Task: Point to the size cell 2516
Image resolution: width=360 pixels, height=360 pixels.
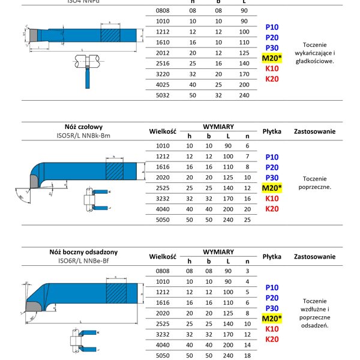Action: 163,62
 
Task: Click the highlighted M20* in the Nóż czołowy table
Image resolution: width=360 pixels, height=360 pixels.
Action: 272,188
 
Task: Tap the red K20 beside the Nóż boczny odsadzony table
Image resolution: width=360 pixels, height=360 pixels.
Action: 272,339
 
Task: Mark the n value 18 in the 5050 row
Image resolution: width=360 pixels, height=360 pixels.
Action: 247,355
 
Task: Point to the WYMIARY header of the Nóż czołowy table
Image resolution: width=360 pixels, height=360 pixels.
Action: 218,127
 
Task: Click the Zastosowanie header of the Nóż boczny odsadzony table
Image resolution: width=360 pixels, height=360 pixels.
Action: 315,256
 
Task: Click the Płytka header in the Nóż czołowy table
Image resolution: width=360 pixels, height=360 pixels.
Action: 272,131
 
